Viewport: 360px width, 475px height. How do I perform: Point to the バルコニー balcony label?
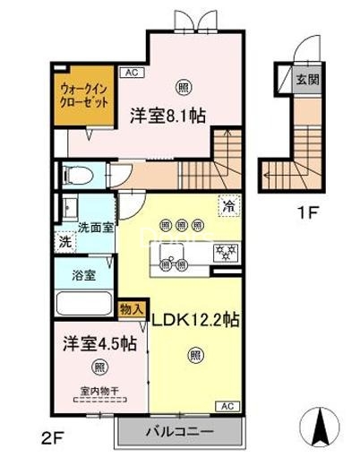[x=181, y=432]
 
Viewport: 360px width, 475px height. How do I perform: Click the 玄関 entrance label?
[x=307, y=79]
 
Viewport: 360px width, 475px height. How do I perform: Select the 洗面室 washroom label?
[x=95, y=228]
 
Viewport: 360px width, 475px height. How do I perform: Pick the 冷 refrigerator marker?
[x=229, y=205]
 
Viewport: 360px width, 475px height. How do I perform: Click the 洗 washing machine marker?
[x=64, y=241]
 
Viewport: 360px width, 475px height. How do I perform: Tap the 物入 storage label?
[x=130, y=307]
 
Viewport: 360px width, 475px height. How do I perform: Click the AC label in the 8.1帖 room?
[x=129, y=72]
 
